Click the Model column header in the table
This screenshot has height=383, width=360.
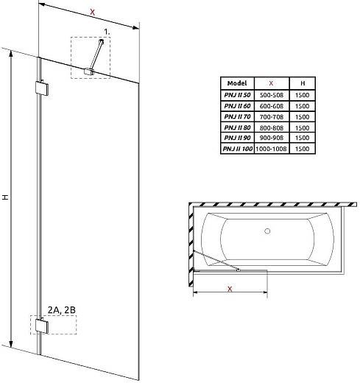click(x=238, y=84)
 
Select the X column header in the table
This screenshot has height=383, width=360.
click(x=272, y=84)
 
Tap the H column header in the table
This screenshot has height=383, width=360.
click(x=302, y=84)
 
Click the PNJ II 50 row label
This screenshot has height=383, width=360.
click(x=238, y=95)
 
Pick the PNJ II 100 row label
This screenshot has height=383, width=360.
click(x=237, y=148)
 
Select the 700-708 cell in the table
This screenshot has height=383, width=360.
click(x=272, y=116)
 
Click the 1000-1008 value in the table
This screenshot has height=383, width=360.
click(x=272, y=148)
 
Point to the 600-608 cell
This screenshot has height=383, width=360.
click(x=272, y=106)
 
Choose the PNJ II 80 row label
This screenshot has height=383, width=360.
click(x=238, y=127)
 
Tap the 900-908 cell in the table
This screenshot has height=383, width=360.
click(x=272, y=137)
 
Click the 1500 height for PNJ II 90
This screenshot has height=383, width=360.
click(x=302, y=137)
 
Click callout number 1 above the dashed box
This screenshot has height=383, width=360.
click(x=106, y=31)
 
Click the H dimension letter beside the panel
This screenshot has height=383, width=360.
click(x=5, y=197)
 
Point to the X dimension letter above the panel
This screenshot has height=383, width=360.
click(x=91, y=13)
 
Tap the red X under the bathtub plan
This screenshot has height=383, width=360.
click(x=230, y=289)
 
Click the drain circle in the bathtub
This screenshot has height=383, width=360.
click(x=267, y=231)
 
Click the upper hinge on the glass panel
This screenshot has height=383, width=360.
click(x=41, y=88)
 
